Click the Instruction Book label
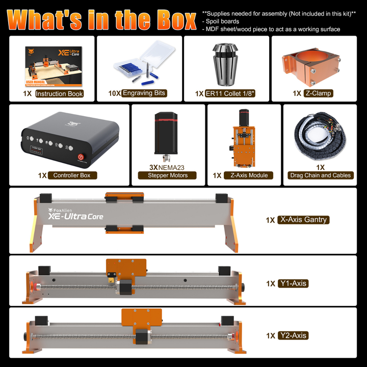pos(59,94)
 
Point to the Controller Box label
pos(75,175)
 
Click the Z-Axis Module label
pos(249,175)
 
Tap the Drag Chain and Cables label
pos(320,175)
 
